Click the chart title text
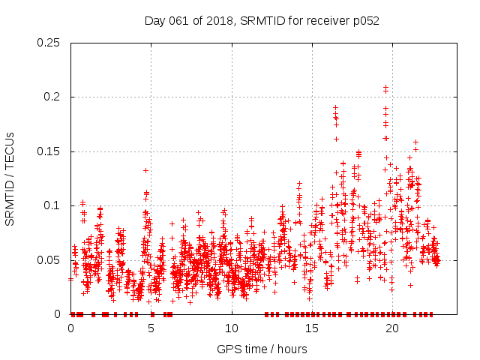262,20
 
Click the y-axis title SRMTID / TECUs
10,178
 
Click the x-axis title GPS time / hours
262,349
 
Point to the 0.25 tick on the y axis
49,43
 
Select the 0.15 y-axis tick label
49,151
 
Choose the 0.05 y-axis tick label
49,259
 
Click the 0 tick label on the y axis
58,314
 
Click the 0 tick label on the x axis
71,328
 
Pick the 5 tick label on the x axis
151,328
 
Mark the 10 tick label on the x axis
232,328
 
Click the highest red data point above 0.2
385,88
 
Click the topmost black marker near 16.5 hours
335,107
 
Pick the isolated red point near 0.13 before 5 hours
145,170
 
